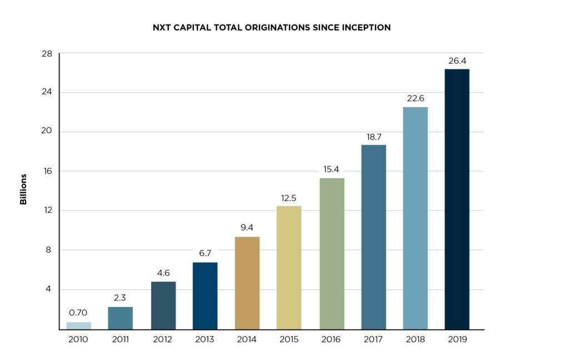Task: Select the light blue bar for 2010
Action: (x=78, y=326)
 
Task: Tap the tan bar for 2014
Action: (x=247, y=283)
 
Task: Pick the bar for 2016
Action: (x=332, y=253)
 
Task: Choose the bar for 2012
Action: (x=163, y=305)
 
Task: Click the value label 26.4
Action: (x=457, y=61)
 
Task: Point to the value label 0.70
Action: (x=78, y=313)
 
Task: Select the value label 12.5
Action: (x=288, y=198)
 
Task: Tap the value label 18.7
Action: (x=373, y=136)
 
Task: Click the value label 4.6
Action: (x=163, y=273)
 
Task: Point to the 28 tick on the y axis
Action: (x=46, y=53)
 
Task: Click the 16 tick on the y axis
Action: (x=46, y=171)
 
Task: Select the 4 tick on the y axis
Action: (x=48, y=289)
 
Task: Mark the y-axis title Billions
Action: (x=23, y=189)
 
